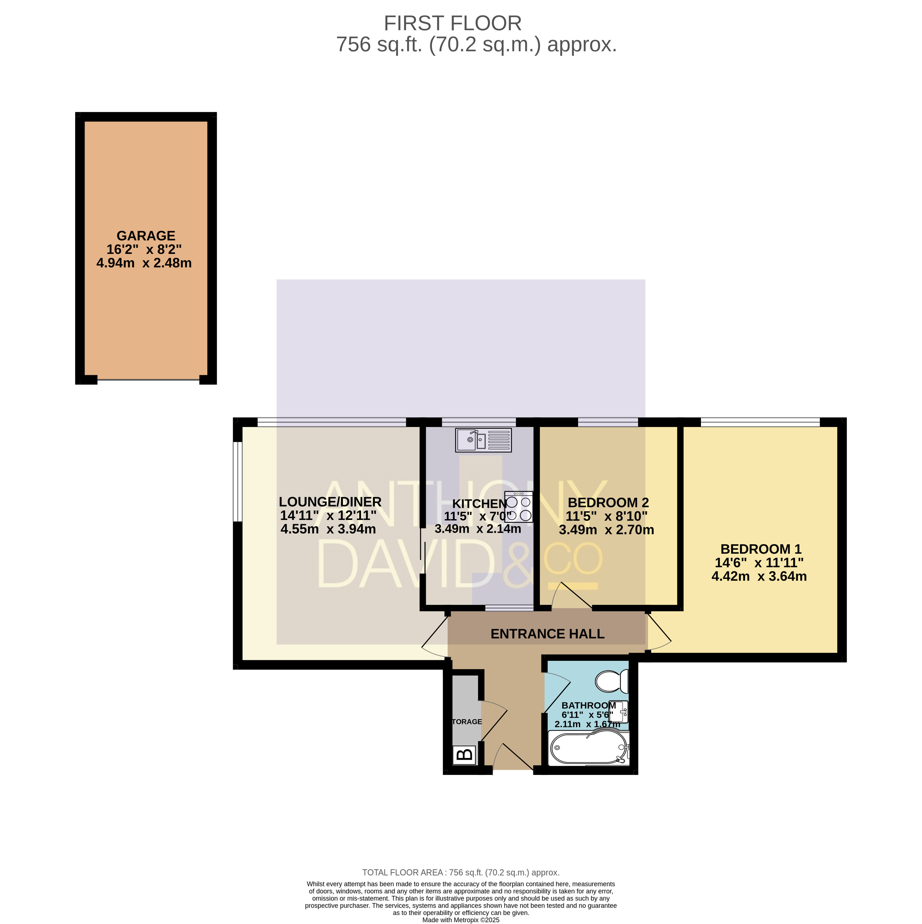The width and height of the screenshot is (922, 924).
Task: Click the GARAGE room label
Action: pyautogui.click(x=146, y=236)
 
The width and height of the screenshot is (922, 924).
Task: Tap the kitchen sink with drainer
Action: pyautogui.click(x=483, y=440)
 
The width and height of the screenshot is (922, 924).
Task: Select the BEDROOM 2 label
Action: pyautogui.click(x=608, y=503)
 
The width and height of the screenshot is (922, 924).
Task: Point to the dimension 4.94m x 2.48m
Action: pyautogui.click(x=144, y=263)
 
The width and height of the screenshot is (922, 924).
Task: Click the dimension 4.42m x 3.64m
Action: pyautogui.click(x=759, y=576)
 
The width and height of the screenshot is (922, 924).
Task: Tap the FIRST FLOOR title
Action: pyautogui.click(x=452, y=23)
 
